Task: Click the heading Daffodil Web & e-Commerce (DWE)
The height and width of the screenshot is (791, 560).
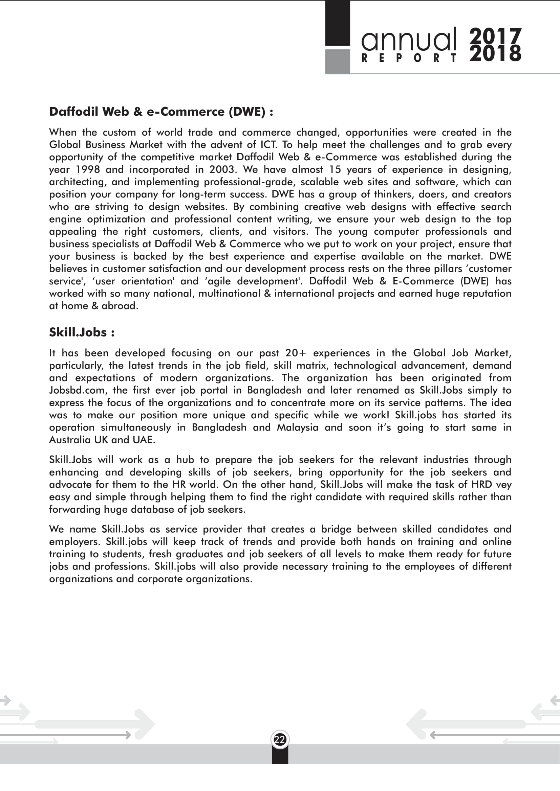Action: (x=161, y=112)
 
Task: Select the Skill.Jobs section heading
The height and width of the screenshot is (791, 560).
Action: (x=82, y=332)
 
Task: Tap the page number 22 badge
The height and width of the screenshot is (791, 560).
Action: (x=280, y=739)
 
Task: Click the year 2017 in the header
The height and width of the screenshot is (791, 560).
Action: (x=495, y=36)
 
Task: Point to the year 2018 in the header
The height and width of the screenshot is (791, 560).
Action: (x=495, y=54)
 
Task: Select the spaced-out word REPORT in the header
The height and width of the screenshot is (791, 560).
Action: (x=409, y=58)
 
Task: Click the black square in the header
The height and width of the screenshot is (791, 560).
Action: (x=338, y=23)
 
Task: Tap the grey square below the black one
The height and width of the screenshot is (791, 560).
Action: (x=338, y=62)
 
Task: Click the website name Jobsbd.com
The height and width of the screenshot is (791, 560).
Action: (x=77, y=390)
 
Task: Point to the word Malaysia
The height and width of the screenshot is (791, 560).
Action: (x=298, y=427)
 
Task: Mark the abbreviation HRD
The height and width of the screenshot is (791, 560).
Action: (x=481, y=484)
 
